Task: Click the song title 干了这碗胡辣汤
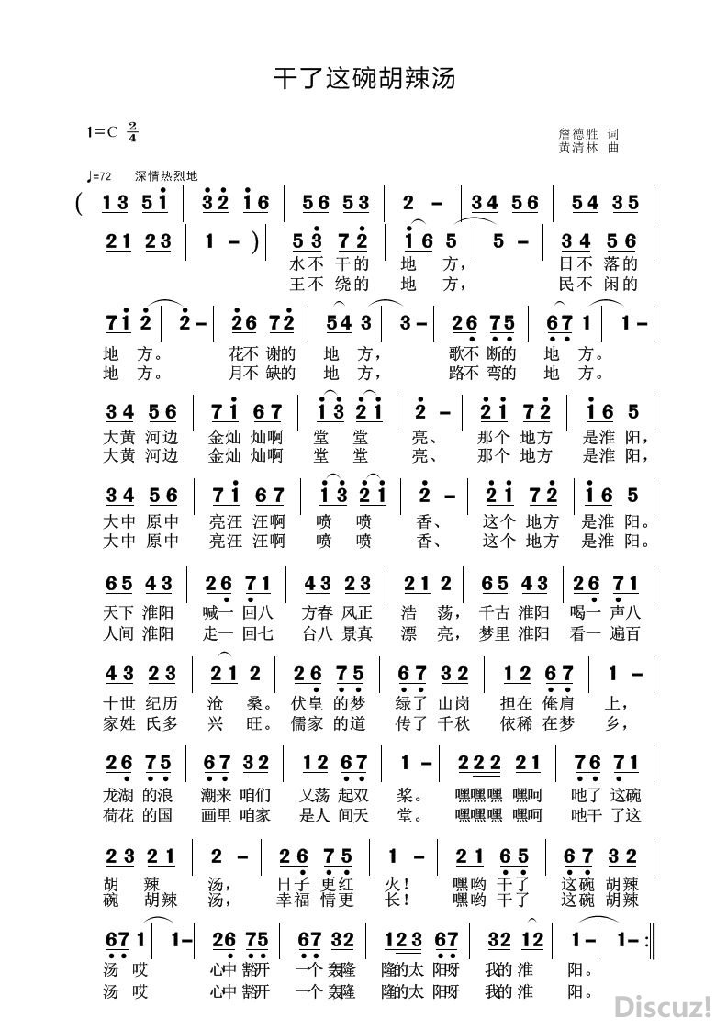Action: [x=364, y=77]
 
